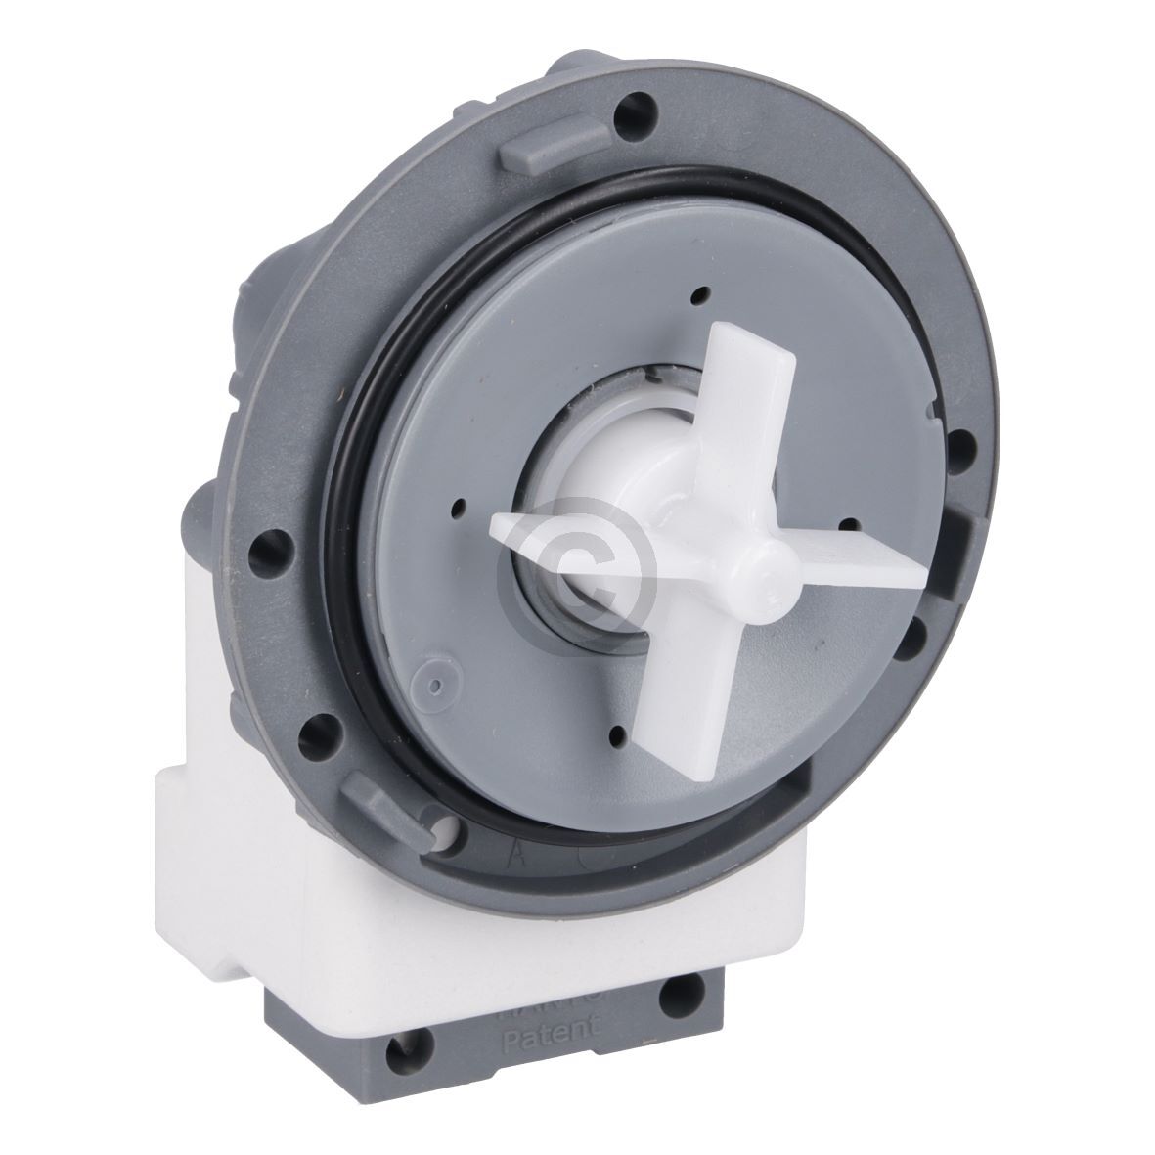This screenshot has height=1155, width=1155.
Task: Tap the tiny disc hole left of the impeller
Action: point(455,506)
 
